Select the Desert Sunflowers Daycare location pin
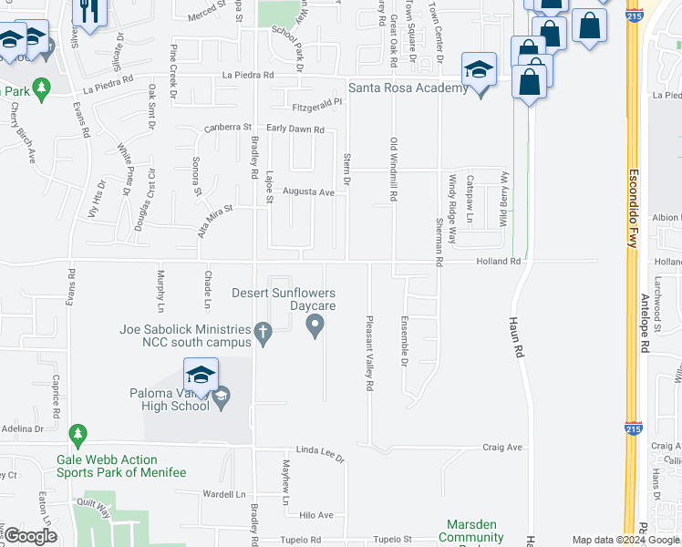[x=316, y=325]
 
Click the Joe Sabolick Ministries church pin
[x=263, y=335]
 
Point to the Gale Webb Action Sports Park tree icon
[x=78, y=434]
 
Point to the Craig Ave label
[x=502, y=448]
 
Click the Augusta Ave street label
[x=308, y=192]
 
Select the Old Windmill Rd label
[x=394, y=170]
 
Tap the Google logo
[x=30, y=536]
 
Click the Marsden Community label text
[x=470, y=532]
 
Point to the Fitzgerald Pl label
[x=317, y=102]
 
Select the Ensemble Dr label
[x=404, y=340]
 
